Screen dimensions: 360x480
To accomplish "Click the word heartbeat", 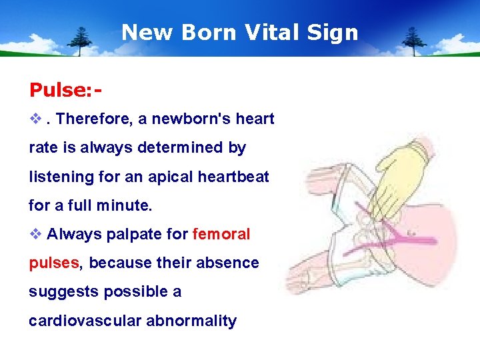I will (229, 177).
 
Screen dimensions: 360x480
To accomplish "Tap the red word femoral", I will (221, 235).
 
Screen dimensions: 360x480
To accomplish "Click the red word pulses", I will (53, 263).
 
